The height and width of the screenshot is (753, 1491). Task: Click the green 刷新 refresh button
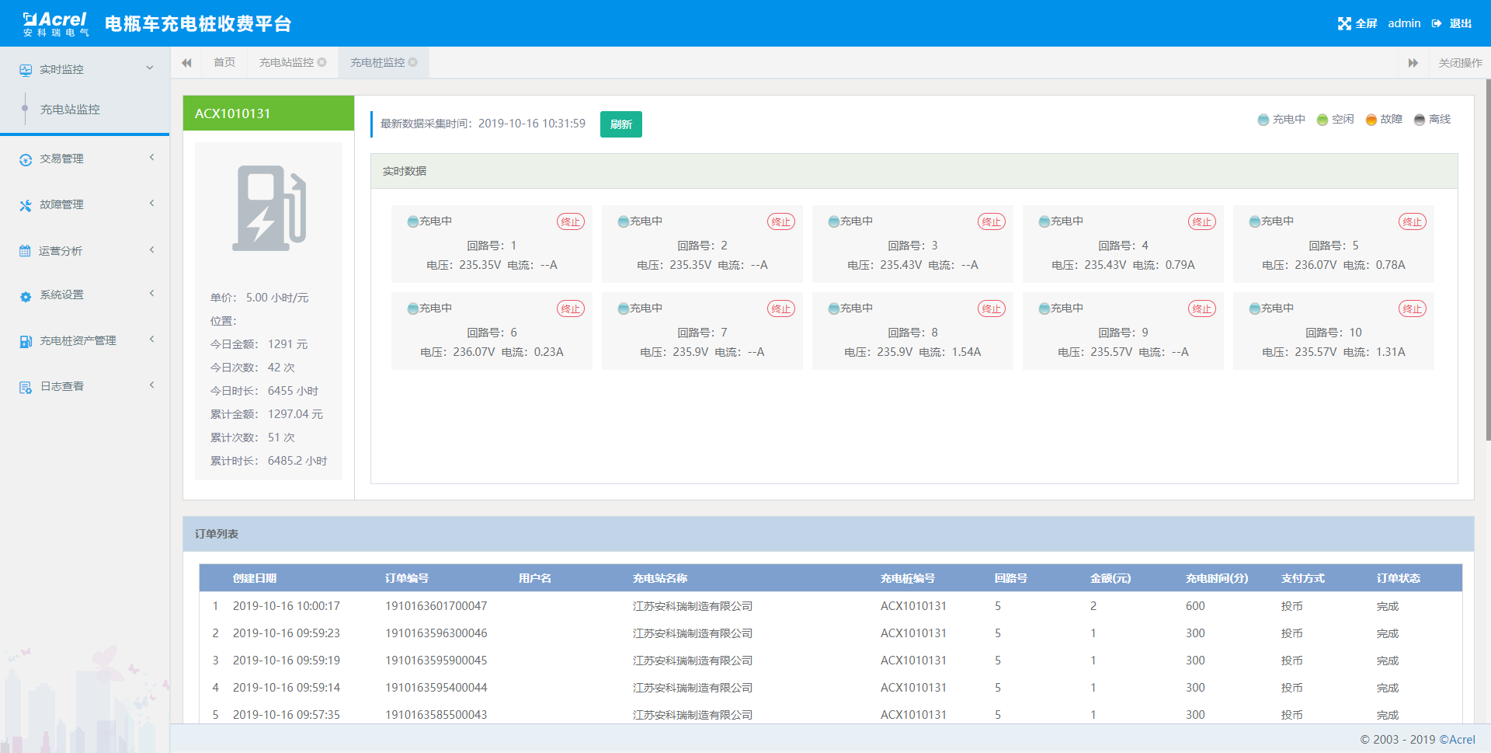point(620,124)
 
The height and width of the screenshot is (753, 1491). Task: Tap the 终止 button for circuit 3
point(991,222)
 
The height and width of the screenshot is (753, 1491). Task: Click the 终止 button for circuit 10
point(1412,309)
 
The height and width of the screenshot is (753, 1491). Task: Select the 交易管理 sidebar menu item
point(61,159)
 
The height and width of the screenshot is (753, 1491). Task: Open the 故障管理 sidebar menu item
point(61,204)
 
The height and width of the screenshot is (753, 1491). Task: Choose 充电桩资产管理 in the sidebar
point(78,340)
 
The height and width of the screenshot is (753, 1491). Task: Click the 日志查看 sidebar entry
point(62,386)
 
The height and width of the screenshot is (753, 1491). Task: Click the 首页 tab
point(224,62)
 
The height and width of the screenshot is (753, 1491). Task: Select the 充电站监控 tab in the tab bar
point(287,62)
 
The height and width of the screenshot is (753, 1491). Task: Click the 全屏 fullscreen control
point(1357,23)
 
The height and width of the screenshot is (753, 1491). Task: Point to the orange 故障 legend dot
point(1371,120)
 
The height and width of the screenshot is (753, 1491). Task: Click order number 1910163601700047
point(436,606)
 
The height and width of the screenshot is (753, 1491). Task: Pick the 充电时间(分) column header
point(1216,578)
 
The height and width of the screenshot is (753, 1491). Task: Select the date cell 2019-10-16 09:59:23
point(286,633)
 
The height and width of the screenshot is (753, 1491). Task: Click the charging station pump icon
point(269,208)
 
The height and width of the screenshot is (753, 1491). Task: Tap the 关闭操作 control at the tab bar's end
point(1460,63)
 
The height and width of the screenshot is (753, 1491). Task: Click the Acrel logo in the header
point(56,23)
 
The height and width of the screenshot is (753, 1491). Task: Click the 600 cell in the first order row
point(1195,606)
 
